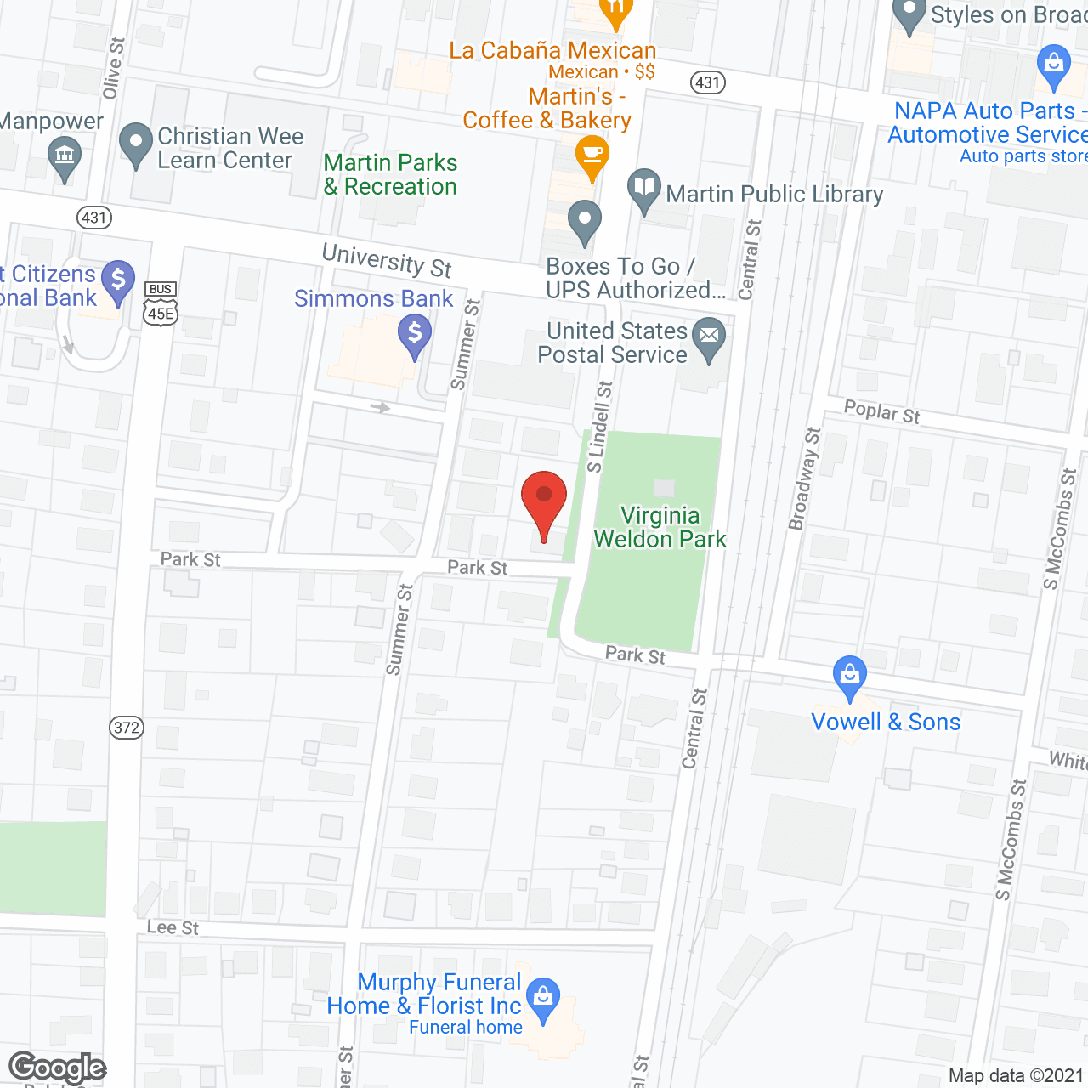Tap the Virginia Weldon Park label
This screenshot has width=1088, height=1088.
pos(660,527)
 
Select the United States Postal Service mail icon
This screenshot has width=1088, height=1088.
pos(709,337)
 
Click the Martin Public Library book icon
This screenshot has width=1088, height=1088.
pos(644,189)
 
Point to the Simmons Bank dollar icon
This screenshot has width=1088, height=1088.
pos(415,333)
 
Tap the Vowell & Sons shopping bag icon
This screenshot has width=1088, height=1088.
pos(849,676)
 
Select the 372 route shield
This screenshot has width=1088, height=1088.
pos(127,728)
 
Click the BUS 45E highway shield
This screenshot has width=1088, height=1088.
pos(160,304)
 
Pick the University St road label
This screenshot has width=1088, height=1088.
pos(387,260)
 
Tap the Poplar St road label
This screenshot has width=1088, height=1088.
pos(881,411)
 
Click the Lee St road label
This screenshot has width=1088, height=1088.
pos(173,927)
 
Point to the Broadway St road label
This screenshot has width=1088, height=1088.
pos(804,479)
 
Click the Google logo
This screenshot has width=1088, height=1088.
pos(57,1068)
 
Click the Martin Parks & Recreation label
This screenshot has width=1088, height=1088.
pos(390,174)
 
